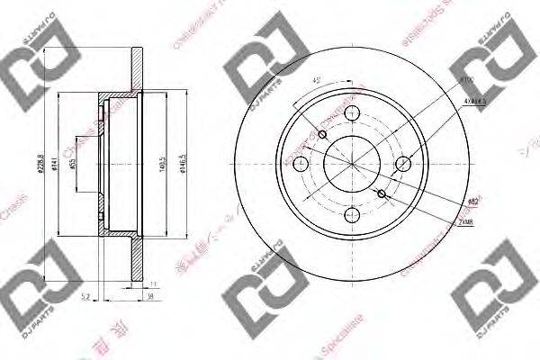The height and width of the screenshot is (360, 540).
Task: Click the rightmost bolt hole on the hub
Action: (x=404, y=164)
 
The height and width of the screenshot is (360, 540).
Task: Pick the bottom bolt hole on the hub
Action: (x=352, y=216)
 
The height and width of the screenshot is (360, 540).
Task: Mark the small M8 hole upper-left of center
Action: (x=322, y=135)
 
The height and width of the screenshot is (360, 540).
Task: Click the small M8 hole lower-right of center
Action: (x=382, y=193)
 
